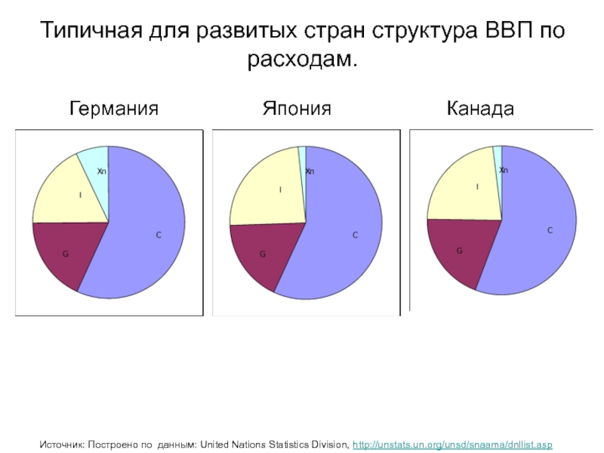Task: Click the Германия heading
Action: pyautogui.click(x=114, y=109)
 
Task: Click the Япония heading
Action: pyautogui.click(x=297, y=109)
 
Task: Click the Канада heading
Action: pyautogui.click(x=480, y=109)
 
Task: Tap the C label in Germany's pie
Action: pyautogui.click(x=159, y=236)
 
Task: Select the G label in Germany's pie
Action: pyautogui.click(x=66, y=254)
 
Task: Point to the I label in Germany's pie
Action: pyautogui.click(x=81, y=195)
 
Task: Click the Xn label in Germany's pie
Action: pyautogui.click(x=102, y=171)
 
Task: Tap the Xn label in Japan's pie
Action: pyautogui.click(x=310, y=171)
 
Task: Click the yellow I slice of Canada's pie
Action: pyautogui.click(x=464, y=189)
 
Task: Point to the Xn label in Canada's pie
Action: pyautogui.click(x=504, y=171)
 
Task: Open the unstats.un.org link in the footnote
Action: pyautogui.click(x=453, y=439)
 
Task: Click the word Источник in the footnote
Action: pyautogui.click(x=63, y=439)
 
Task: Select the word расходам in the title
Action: pyautogui.click(x=301, y=59)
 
